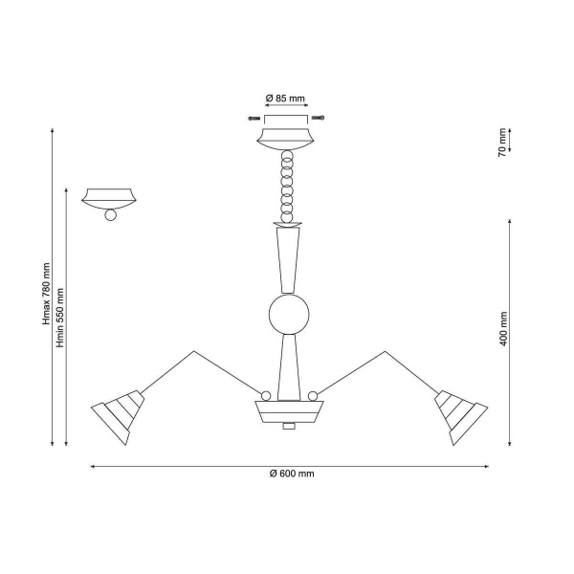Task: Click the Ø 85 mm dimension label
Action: [x=285, y=99]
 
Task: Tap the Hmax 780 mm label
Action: [x=46, y=294]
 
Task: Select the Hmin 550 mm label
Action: [x=60, y=318]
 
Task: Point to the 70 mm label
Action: [x=502, y=143]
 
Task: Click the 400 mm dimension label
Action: [x=503, y=329]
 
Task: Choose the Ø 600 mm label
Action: [x=292, y=474]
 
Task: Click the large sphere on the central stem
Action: [x=289, y=314]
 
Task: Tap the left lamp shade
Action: [x=118, y=417]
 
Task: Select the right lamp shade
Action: [x=461, y=417]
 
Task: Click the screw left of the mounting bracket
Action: [x=254, y=119]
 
